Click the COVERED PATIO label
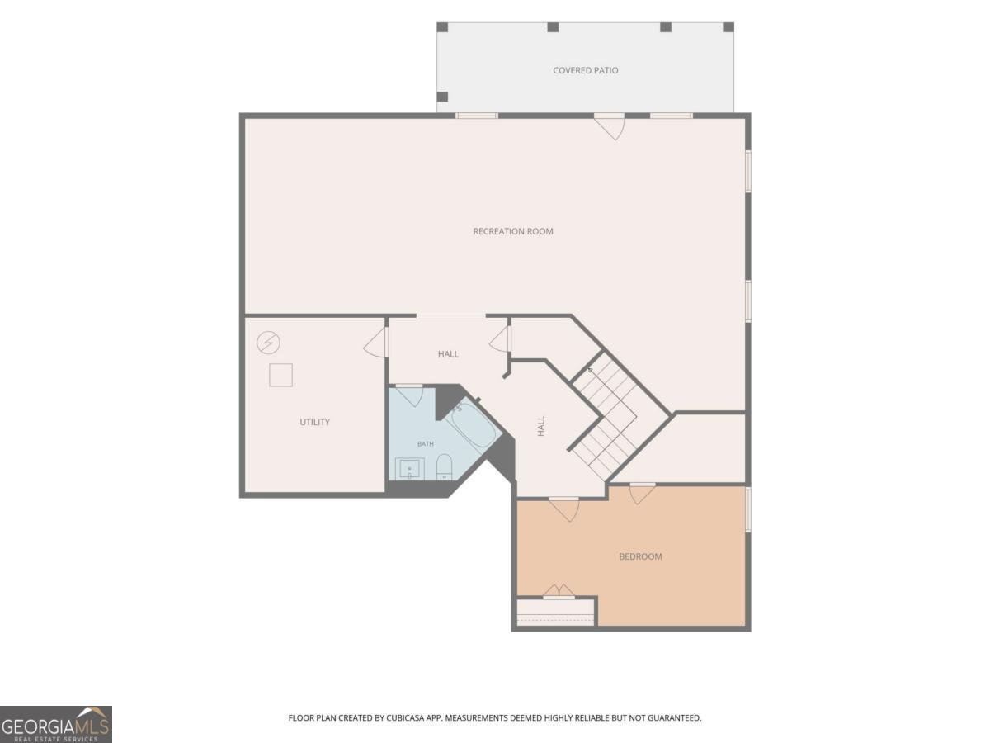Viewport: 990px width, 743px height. [x=585, y=70]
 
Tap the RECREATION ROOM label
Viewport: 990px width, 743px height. [x=513, y=231]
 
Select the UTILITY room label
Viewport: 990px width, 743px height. [x=315, y=422]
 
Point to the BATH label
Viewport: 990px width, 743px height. [x=426, y=444]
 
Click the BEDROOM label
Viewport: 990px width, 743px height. [x=640, y=556]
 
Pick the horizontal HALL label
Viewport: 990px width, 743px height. [x=448, y=354]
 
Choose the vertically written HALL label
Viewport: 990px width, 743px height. [x=541, y=426]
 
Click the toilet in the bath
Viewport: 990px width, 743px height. [x=444, y=467]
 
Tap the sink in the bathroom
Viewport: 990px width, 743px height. [x=409, y=469]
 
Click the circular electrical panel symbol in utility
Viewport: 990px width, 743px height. [x=268, y=343]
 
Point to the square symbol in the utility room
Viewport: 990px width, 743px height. [x=280, y=375]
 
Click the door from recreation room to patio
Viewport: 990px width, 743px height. [x=610, y=125]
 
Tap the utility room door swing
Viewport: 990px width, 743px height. [x=375, y=341]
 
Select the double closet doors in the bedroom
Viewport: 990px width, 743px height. [x=559, y=591]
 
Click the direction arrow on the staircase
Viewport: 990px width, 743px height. [x=591, y=371]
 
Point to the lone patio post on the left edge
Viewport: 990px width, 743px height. [x=443, y=97]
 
